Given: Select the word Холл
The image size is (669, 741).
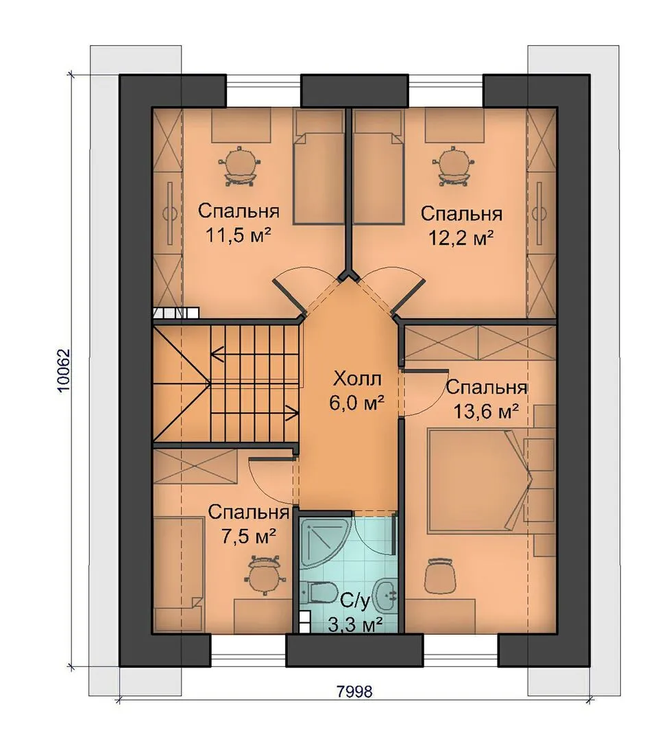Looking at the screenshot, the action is [356, 379].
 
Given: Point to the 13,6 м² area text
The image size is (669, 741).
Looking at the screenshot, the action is [486, 412].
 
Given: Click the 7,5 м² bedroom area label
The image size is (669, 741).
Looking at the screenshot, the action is [248, 537].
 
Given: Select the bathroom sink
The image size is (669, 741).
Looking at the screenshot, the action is [386, 592].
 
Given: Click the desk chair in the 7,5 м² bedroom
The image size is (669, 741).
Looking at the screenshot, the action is [263, 575].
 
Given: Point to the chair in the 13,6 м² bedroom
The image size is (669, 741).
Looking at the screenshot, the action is [440, 575].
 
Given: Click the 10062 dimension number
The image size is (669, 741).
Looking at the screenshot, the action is [63, 370].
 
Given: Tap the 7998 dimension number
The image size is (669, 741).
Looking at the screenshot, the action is [354, 692].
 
